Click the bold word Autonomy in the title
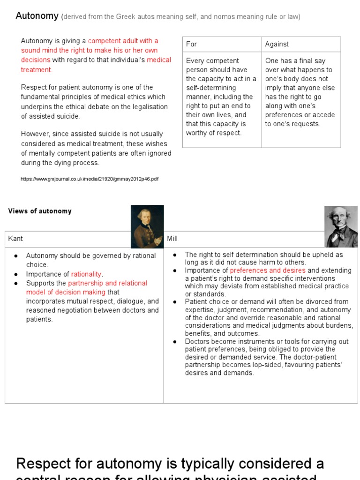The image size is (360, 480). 37,16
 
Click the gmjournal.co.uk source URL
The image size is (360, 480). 90,179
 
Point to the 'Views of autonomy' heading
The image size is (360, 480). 40,211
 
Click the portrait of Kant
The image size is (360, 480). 147,226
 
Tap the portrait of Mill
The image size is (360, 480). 341,226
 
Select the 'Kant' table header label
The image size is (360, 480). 15,239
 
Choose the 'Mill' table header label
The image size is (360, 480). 172,239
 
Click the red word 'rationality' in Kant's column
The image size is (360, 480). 86,274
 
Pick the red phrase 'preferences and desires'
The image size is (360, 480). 268,270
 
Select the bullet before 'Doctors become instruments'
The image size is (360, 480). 174,341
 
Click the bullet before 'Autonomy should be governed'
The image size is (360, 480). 16,256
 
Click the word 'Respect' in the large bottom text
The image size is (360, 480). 45,464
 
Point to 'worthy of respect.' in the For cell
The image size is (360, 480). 214,133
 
